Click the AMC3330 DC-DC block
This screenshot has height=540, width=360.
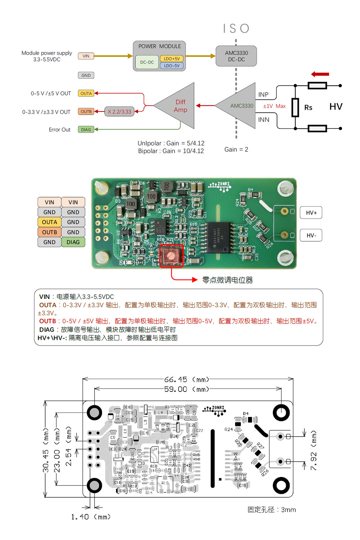[x=236, y=56]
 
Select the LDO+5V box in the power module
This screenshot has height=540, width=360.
[x=172, y=59]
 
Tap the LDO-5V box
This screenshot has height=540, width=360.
[x=172, y=66]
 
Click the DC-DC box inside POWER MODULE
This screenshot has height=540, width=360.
[x=147, y=62]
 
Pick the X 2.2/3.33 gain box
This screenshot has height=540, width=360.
[x=120, y=112]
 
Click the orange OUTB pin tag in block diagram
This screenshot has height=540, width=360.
[x=86, y=112]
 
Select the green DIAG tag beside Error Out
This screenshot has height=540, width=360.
[x=86, y=130]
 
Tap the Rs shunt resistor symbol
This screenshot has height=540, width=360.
[x=295, y=107]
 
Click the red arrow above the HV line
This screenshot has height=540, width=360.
[x=320, y=74]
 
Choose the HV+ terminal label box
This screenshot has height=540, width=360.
[x=311, y=213]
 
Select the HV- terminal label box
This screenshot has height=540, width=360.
[x=311, y=235]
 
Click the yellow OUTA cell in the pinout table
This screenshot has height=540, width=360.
[x=49, y=222]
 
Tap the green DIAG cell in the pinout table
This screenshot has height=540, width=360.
[x=73, y=242]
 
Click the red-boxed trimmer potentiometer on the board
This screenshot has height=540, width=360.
[x=171, y=256]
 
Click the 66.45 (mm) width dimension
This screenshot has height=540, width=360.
[x=186, y=380]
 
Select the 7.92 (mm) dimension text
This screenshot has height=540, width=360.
[x=313, y=450]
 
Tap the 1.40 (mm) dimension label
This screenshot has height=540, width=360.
[x=90, y=517]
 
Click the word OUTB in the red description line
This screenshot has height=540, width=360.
[x=48, y=321]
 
